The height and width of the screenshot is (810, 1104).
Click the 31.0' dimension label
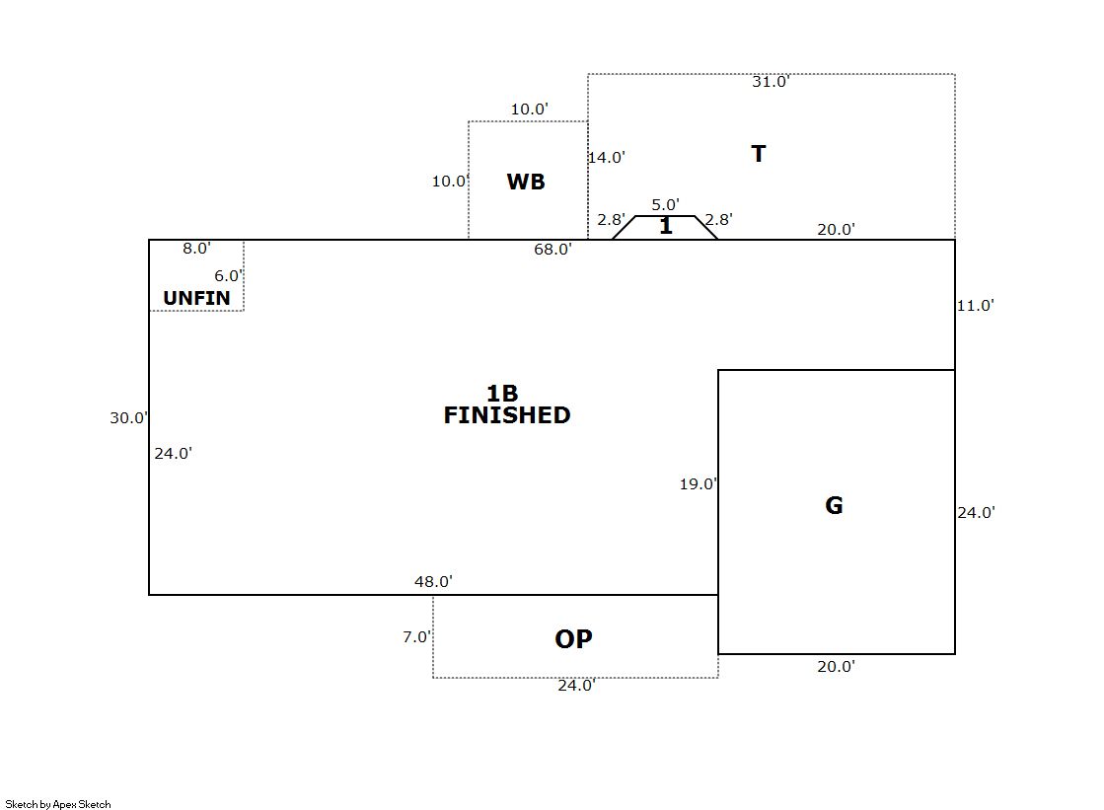click(771, 82)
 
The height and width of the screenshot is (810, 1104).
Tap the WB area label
click(526, 182)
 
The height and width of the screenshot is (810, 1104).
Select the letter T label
click(759, 154)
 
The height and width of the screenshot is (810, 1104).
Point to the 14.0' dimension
click(607, 157)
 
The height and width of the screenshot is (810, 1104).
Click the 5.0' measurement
click(665, 205)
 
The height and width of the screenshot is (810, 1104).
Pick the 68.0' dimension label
click(552, 250)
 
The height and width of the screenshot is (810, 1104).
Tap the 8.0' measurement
click(197, 249)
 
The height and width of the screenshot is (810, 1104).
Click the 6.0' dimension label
click(229, 276)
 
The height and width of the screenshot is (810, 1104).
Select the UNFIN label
click(197, 299)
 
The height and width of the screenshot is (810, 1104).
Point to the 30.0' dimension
click(129, 418)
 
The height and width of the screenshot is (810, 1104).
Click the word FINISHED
click(507, 415)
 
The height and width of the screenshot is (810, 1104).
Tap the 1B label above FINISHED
click(503, 393)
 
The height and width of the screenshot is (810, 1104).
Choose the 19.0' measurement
click(699, 484)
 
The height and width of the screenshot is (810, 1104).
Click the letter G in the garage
click(834, 505)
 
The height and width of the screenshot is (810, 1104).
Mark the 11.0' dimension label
click(975, 306)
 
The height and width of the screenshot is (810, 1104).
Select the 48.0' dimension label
click(434, 582)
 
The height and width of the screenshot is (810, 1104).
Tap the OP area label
click(574, 639)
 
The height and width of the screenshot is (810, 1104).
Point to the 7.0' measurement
click(416, 637)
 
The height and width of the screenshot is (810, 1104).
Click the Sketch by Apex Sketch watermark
click(58, 804)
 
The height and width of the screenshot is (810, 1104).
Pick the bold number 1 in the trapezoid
click(666, 226)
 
